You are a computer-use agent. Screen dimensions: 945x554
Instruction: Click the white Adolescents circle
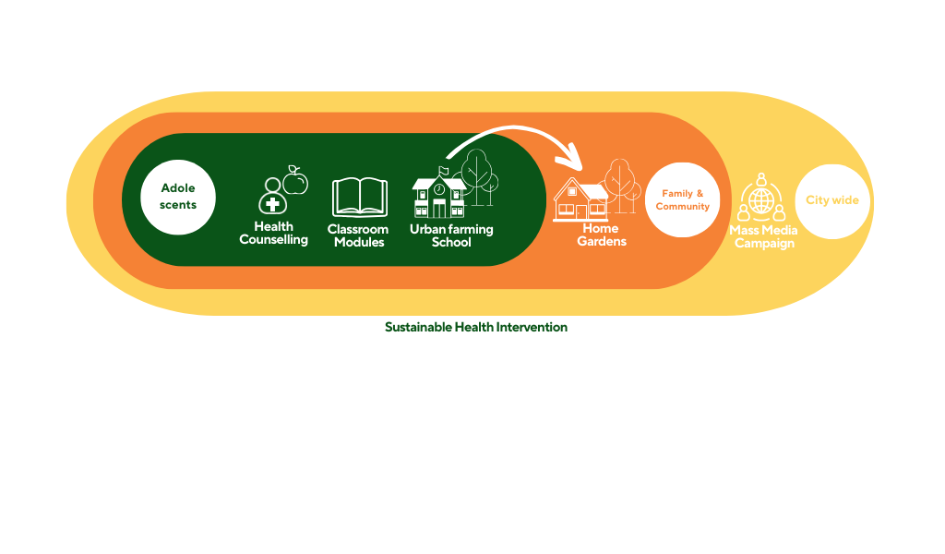click(x=178, y=197)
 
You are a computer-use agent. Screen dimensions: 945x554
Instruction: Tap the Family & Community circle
click(x=682, y=199)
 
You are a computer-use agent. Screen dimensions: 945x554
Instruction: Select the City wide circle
click(x=832, y=201)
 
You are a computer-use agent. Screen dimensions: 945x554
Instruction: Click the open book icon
click(x=360, y=197)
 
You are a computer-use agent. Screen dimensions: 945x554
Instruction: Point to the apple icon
click(x=295, y=180)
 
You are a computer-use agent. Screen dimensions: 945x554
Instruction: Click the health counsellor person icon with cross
click(x=272, y=196)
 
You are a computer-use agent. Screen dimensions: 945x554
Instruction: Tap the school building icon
click(x=438, y=195)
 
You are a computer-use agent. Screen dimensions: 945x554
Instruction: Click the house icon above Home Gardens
click(x=580, y=199)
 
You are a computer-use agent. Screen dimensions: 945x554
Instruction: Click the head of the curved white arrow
click(x=571, y=161)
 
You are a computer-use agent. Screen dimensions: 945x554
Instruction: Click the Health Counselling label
click(x=273, y=234)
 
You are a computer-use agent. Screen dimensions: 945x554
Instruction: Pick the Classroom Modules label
click(x=359, y=235)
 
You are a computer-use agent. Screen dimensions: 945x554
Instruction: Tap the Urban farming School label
click(x=451, y=235)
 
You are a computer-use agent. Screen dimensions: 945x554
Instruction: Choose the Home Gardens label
click(x=602, y=235)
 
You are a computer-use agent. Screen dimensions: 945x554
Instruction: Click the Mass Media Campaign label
click(x=763, y=237)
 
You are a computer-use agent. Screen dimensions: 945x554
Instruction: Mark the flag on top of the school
click(x=444, y=171)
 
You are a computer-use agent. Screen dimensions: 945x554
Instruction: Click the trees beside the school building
click(x=480, y=177)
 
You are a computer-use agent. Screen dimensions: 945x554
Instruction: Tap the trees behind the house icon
click(x=621, y=185)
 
